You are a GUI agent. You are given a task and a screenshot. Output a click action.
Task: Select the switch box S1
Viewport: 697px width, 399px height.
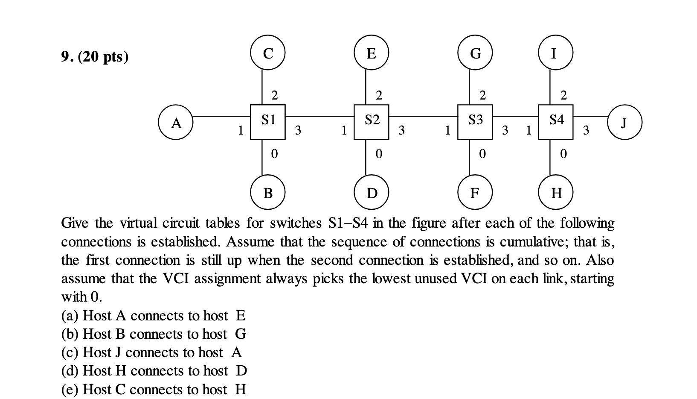click(267, 122)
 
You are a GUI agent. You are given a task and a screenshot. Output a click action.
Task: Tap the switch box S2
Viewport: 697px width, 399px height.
click(371, 122)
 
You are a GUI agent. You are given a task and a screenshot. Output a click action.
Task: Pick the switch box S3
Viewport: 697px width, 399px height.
click(475, 122)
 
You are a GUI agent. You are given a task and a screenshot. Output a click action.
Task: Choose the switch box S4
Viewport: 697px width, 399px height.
click(555, 122)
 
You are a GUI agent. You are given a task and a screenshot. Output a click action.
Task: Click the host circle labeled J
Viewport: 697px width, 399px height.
click(624, 122)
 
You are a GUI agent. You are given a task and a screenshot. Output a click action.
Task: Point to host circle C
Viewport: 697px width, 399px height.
click(267, 53)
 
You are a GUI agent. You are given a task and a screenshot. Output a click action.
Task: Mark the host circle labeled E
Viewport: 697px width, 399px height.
click(371, 53)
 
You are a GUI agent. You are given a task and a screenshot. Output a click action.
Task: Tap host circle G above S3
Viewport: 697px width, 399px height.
click(475, 53)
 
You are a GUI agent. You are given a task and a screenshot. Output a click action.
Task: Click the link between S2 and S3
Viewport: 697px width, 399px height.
click(423, 116)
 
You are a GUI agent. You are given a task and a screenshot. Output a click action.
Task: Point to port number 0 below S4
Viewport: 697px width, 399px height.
click(563, 153)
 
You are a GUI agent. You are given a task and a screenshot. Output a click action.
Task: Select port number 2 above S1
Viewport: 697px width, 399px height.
click(274, 95)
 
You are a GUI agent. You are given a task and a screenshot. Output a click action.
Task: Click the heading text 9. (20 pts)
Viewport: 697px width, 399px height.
click(95, 56)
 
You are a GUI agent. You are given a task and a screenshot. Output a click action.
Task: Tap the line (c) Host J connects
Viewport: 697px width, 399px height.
click(151, 352)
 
